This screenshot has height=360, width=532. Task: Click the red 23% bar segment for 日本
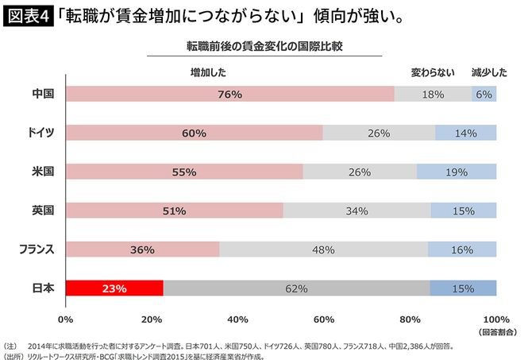[x=114, y=288]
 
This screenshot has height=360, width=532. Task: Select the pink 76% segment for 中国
[x=229, y=94]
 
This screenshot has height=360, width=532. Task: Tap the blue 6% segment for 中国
[x=484, y=94]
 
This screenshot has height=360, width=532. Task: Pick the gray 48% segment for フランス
[x=323, y=250]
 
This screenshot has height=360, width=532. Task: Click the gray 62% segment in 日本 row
[x=296, y=288]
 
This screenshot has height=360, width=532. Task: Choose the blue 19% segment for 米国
[x=457, y=172]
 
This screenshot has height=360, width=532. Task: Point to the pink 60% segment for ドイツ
[x=195, y=133]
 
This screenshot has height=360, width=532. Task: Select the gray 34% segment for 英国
[x=357, y=211]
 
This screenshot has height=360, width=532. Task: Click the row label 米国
[x=42, y=172]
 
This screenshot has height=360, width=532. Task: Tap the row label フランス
[x=37, y=250]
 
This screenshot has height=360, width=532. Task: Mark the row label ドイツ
[x=39, y=133]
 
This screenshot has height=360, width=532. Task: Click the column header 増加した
[x=209, y=72]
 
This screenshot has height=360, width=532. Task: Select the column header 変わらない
[x=433, y=72]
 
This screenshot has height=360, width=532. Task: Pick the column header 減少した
[x=488, y=72]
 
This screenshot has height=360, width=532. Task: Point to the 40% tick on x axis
[x=237, y=319]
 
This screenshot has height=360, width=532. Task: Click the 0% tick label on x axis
[x=66, y=319]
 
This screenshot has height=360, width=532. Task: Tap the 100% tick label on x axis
[x=496, y=319]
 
